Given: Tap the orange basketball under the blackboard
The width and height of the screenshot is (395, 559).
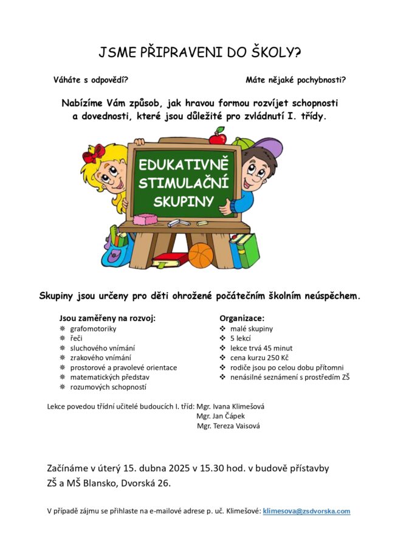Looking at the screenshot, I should [x=201, y=255].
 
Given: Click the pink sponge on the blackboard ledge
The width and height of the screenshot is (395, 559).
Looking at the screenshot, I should [x=144, y=220].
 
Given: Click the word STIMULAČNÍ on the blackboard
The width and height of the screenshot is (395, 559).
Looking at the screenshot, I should [x=182, y=182].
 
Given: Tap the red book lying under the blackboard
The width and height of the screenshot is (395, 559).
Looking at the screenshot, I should [x=170, y=260].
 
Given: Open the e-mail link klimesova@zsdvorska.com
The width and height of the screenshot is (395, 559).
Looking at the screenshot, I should [x=306, y=512].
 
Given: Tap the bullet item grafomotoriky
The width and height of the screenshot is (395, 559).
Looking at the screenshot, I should [x=93, y=328].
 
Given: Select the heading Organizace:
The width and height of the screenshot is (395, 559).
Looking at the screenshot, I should [x=242, y=318].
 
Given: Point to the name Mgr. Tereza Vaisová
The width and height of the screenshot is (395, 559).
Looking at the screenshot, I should [x=228, y=426].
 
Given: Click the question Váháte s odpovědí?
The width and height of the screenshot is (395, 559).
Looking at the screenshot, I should [x=91, y=80].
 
